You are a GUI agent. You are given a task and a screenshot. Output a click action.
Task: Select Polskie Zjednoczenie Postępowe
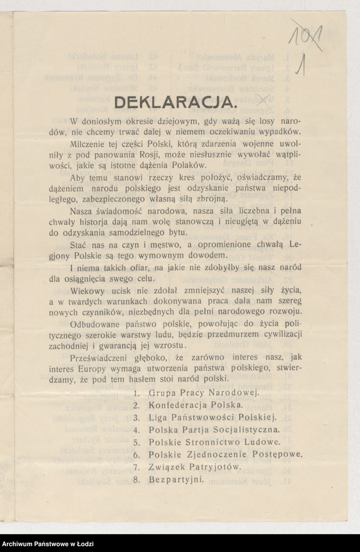tap(225, 454)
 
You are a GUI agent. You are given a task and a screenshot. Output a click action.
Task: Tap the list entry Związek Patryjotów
tap(194, 467)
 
